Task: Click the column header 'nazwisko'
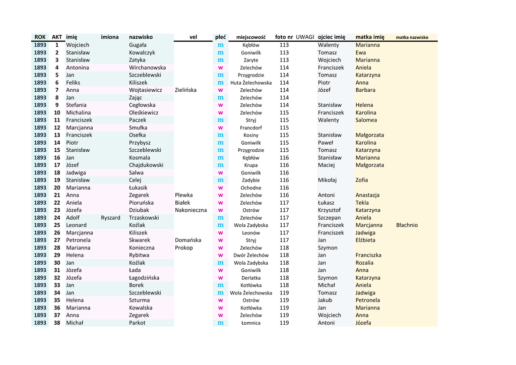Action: coord(141,37)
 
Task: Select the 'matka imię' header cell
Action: coord(369,37)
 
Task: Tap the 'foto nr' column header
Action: coord(284,37)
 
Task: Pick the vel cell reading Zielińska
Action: coord(185,90)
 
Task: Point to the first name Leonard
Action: coord(76,225)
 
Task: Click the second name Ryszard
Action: coord(110,217)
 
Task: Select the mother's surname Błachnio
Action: coord(407,225)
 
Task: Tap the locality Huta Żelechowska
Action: coord(250,83)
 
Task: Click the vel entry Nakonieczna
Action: coord(190,210)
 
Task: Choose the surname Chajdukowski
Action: coord(146,165)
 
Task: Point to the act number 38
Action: coord(57,323)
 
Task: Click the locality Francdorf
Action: coord(250,128)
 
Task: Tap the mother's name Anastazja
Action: coord(367,195)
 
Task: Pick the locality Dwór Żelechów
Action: coord(250,255)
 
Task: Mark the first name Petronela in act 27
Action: coord(78,240)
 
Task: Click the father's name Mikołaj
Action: coord(327,180)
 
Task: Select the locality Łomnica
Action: coord(250,323)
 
